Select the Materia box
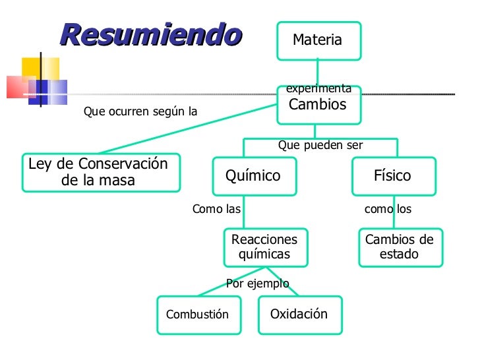[x=318, y=40]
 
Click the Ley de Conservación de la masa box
[x=100, y=173]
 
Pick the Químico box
[x=254, y=176]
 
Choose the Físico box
[x=393, y=176]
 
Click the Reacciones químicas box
[x=265, y=247]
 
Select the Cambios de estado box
[x=400, y=247]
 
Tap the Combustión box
[x=198, y=315]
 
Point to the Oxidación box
[x=299, y=315]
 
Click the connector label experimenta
[x=318, y=88]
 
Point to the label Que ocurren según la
[x=140, y=112]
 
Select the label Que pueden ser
[x=320, y=145]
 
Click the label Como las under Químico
[x=216, y=210]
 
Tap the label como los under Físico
[x=388, y=210]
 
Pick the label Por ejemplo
[x=258, y=284]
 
